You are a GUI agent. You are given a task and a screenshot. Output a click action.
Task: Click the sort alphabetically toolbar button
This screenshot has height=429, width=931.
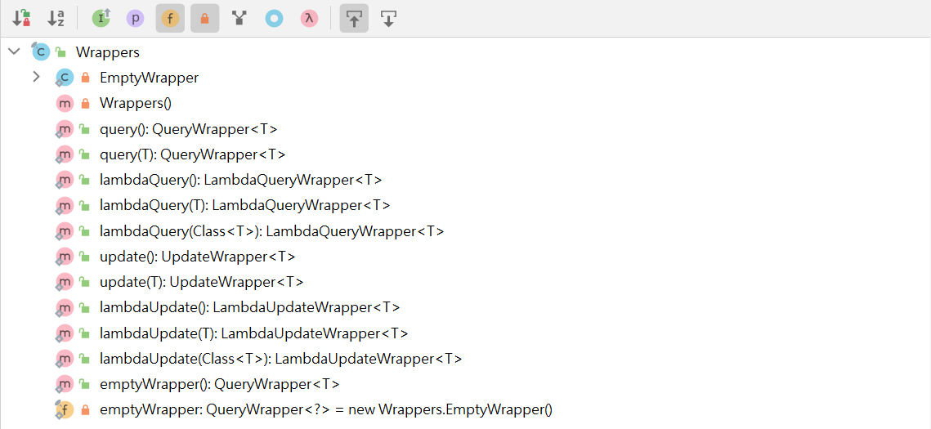tap(56, 19)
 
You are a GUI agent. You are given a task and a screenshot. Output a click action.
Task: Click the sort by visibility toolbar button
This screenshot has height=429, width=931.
tap(21, 19)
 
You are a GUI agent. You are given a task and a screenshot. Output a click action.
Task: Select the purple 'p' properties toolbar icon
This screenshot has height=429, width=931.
tap(136, 19)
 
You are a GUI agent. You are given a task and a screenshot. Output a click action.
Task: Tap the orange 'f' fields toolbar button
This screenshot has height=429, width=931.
tap(170, 19)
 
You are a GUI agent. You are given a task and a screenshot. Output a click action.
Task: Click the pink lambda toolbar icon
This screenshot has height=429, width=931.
tap(309, 19)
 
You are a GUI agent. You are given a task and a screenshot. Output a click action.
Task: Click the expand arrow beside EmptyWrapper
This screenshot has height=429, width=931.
tap(36, 77)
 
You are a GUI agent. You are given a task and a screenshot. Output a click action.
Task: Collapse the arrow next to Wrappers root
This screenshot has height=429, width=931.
tap(14, 52)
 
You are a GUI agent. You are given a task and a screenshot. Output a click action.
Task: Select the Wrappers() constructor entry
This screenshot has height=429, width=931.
tap(136, 103)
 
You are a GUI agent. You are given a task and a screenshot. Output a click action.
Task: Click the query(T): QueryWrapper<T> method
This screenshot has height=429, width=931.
tap(193, 154)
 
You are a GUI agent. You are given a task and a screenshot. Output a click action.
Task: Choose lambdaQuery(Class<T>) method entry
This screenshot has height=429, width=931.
tap(272, 230)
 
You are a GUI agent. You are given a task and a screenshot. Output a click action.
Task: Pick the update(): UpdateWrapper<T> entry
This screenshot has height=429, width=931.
tap(198, 257)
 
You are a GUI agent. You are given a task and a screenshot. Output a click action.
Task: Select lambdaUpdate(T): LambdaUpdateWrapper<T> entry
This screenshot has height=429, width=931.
tap(254, 333)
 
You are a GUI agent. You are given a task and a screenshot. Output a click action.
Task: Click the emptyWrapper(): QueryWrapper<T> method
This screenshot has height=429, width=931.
tap(220, 384)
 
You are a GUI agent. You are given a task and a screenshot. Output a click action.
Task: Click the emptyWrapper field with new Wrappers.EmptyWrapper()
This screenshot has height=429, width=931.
tap(326, 409)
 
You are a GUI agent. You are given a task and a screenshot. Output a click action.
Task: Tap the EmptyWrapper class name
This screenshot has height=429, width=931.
tap(149, 78)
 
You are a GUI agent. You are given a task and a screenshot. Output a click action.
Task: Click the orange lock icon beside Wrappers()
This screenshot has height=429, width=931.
tap(85, 104)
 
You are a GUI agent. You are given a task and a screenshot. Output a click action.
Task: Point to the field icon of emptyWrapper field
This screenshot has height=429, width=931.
tap(64, 409)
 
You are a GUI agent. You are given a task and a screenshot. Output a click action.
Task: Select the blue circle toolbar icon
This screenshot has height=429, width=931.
tap(274, 19)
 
